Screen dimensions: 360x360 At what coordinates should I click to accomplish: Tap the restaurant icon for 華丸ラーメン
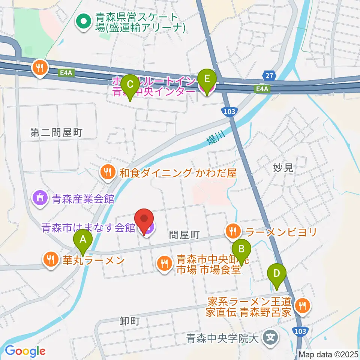50,260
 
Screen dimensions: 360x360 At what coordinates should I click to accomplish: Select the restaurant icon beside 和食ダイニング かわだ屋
108,172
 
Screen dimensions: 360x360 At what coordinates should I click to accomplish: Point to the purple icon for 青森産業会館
40,198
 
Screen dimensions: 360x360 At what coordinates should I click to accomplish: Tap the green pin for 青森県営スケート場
82,22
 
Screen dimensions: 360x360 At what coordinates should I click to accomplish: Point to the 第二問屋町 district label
56,132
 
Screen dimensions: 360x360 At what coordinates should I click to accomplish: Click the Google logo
25,351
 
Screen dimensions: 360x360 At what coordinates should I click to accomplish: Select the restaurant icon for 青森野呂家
302,306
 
